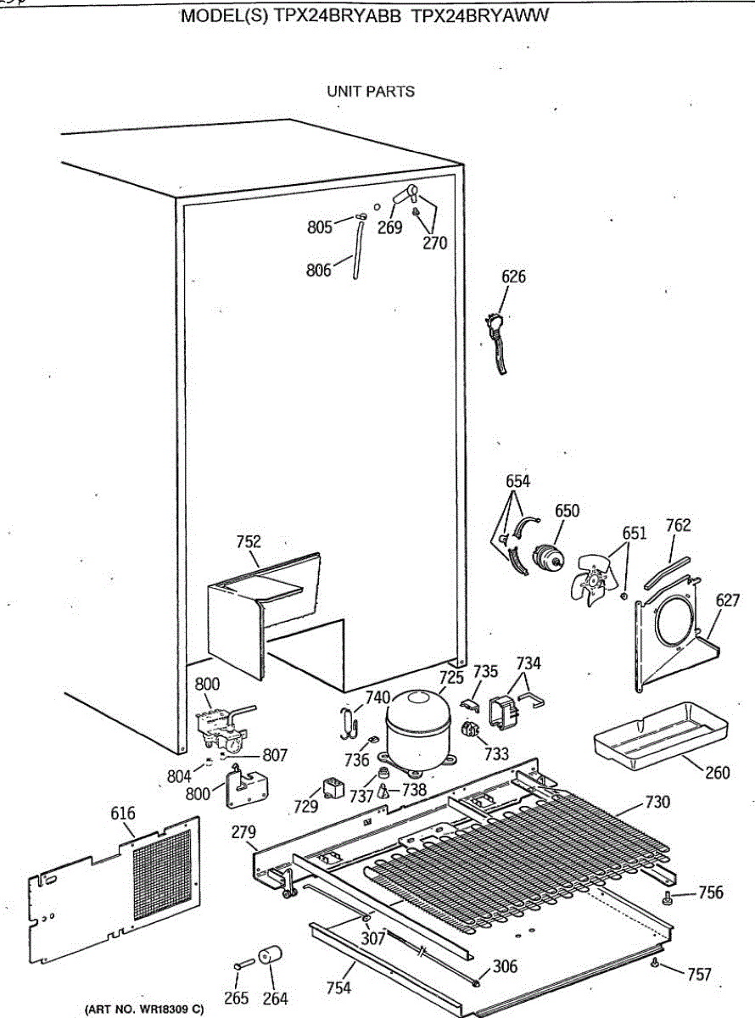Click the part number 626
(x=513, y=277)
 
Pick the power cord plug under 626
(x=493, y=323)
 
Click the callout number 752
(x=248, y=541)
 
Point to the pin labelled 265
(x=240, y=965)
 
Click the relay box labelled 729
(x=332, y=790)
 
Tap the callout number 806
(x=319, y=271)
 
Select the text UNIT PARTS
(x=371, y=92)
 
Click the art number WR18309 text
(x=144, y=1010)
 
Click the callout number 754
(x=338, y=987)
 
